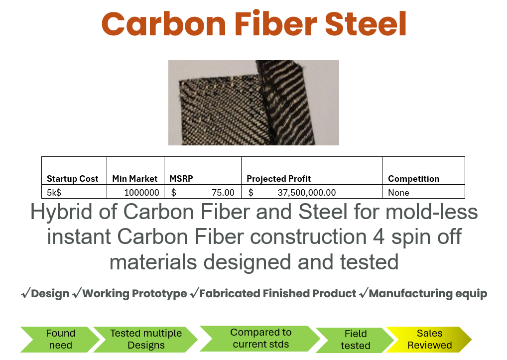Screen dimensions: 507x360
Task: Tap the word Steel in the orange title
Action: coord(366,23)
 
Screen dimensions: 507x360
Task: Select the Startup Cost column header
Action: coord(72,179)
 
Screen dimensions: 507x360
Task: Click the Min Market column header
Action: coord(134,179)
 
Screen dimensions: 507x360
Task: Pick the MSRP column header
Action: coord(181,179)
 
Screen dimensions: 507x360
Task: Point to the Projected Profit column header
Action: coord(278,179)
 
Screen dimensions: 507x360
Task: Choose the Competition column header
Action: coord(413,179)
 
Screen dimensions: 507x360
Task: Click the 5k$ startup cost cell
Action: coord(54,193)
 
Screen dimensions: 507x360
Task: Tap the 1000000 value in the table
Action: coord(141,193)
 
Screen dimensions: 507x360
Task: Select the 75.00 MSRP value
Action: coord(223,193)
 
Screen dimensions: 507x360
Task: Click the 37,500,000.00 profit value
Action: coord(306,193)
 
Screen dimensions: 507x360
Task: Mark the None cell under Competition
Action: coord(398,193)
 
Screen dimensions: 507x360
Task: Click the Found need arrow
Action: coord(60,339)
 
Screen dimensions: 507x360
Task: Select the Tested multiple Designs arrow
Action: coord(146,339)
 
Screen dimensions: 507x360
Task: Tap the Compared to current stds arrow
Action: coord(260,339)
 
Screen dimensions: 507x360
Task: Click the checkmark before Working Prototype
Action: coord(77,293)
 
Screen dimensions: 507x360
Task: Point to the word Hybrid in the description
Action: coord(61,212)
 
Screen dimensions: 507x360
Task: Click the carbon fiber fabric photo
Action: coord(253,103)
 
